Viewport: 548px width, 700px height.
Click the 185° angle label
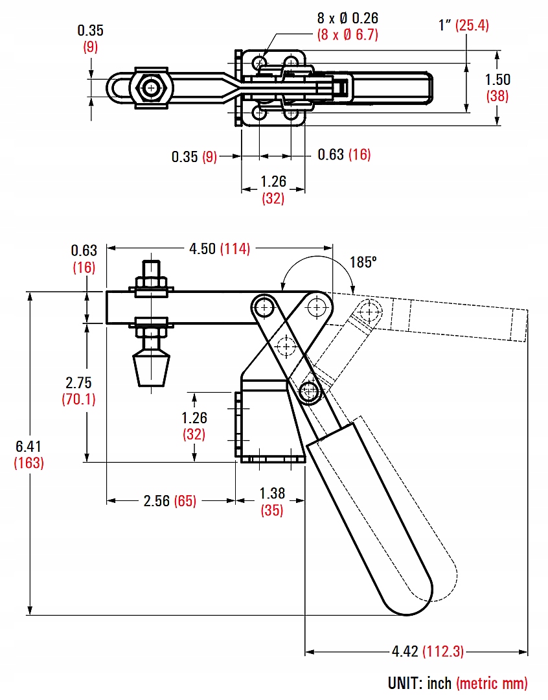(x=363, y=262)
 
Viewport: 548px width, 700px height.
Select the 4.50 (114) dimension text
(x=219, y=248)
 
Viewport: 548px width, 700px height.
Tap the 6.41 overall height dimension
(x=29, y=446)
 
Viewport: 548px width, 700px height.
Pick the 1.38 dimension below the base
(x=272, y=493)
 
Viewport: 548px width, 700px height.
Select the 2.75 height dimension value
(x=78, y=382)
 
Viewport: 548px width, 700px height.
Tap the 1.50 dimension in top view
(x=498, y=80)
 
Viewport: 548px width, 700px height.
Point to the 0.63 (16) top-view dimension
(x=344, y=155)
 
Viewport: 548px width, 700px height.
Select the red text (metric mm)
(x=492, y=682)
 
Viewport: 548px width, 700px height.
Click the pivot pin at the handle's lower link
(x=312, y=391)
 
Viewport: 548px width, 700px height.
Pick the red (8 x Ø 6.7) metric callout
(x=347, y=35)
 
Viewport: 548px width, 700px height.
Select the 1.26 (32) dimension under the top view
(x=273, y=189)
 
